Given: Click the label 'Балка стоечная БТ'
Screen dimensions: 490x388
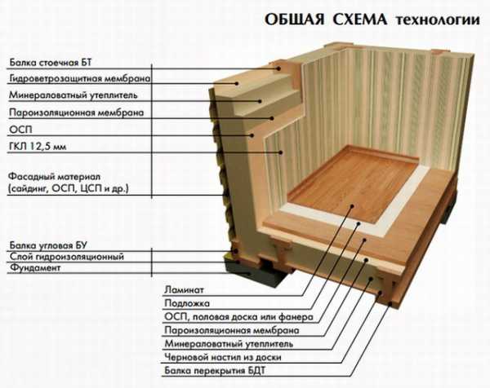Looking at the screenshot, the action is (51, 63).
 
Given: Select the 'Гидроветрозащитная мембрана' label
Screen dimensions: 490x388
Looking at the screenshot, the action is (80, 78).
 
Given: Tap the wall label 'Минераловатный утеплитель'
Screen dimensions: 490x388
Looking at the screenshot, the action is (73, 95).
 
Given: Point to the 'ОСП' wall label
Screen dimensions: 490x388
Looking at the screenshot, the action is (20, 129).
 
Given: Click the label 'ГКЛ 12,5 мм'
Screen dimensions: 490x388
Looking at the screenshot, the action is (38, 146).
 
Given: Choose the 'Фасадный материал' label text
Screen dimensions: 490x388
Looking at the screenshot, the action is (55, 177).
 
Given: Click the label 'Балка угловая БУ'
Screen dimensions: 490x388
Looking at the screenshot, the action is (48, 245).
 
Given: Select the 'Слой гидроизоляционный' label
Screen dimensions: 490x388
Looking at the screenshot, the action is (67, 257).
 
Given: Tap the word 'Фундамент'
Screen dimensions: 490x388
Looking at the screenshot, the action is (34, 267).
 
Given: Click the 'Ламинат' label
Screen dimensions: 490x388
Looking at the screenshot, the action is (184, 289).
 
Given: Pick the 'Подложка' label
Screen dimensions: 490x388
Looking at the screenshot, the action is (187, 303).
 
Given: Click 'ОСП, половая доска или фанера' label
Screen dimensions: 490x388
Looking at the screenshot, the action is (238, 317).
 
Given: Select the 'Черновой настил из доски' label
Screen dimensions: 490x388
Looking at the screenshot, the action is (223, 357).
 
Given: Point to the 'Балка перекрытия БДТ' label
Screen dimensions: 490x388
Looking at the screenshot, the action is (215, 371).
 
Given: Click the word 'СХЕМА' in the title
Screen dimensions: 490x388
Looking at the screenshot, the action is (359, 20).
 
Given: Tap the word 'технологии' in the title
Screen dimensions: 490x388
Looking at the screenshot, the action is (438, 20).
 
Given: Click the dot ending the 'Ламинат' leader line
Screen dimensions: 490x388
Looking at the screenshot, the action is (352, 206).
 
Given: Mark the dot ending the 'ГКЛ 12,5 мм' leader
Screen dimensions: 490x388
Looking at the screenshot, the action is (281, 152).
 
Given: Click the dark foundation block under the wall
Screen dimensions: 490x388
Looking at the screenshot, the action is (250, 271).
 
